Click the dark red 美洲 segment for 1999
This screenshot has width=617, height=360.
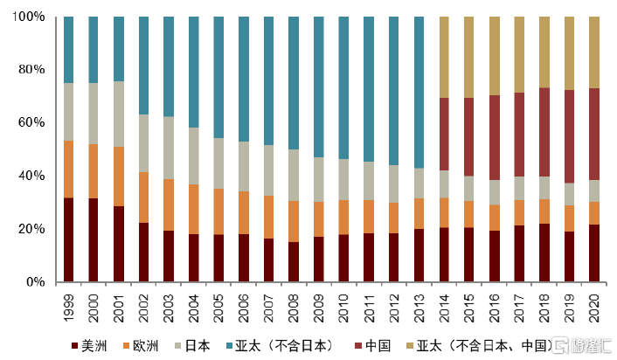(69, 239)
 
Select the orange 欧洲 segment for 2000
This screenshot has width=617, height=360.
(94, 171)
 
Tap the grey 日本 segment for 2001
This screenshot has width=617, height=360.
(119, 114)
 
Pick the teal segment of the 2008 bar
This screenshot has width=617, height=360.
(294, 83)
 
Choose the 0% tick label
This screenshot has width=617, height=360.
(38, 282)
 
